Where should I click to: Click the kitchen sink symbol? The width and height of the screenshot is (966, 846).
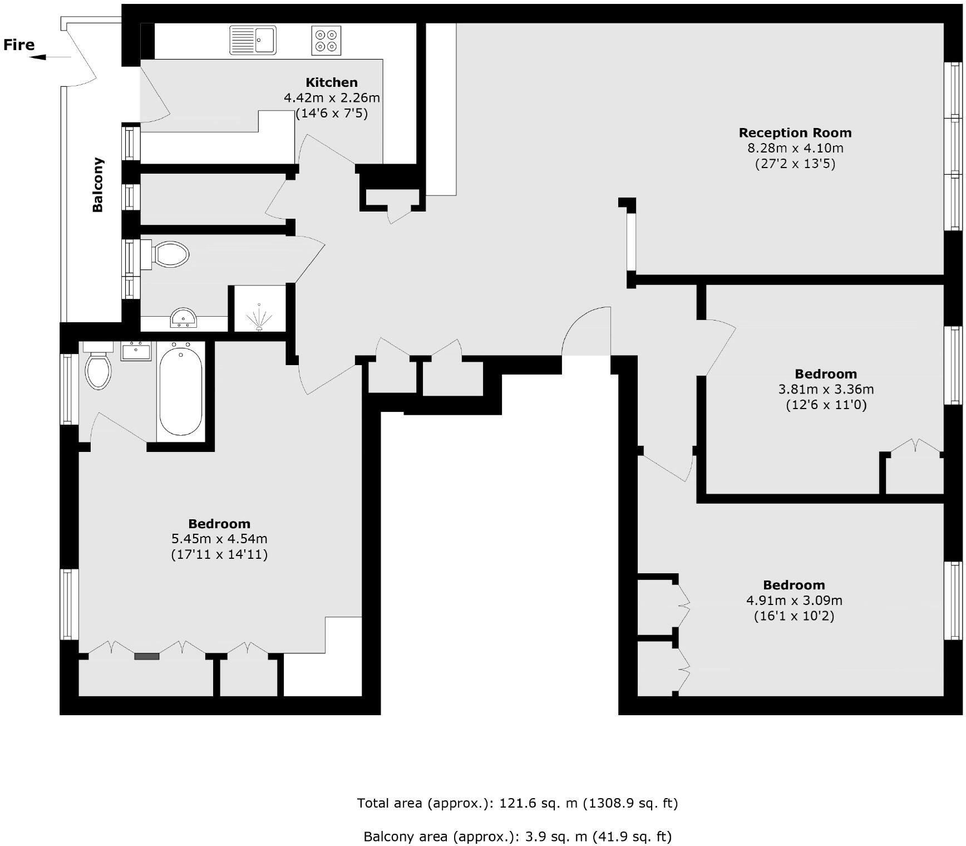253,40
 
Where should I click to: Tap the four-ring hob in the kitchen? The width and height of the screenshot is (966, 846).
326,41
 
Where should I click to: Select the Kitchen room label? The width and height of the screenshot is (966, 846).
332,82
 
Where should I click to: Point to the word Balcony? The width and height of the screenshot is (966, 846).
98,185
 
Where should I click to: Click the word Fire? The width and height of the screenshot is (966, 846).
19,45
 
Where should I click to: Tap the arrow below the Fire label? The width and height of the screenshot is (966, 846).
51,57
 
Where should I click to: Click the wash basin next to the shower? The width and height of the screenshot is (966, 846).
184,317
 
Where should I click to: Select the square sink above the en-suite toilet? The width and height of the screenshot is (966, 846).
136,351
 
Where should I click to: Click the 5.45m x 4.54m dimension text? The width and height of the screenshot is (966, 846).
219,539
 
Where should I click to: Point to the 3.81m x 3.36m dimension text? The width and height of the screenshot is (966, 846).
826,389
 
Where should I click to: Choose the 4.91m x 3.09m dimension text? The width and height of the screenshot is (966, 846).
794,601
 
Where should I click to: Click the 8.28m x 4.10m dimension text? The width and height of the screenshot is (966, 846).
795,148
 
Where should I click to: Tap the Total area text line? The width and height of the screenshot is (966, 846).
517,803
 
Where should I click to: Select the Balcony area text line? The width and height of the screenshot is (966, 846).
517,837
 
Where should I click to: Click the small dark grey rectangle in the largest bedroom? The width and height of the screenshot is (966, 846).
147,657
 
